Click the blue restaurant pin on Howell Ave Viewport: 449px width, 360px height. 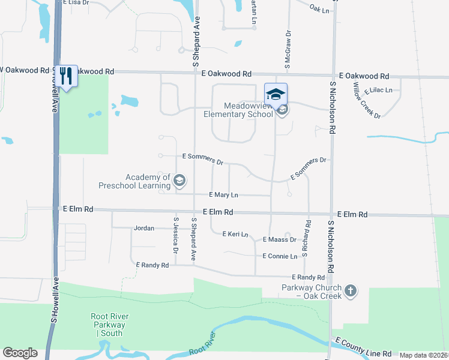tap(67, 76)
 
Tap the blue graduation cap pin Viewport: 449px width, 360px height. tap(276, 94)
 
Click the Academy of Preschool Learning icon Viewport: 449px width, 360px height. tap(179, 180)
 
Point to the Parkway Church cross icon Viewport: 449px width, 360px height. tap(351, 291)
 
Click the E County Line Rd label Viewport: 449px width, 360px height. tap(364, 349)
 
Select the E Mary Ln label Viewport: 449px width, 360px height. tap(223, 195)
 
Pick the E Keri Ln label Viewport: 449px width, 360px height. tap(235, 234)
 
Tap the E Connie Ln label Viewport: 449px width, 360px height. tap(280, 256)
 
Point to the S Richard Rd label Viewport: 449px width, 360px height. tap(306, 239)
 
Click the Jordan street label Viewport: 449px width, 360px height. tap(144, 228)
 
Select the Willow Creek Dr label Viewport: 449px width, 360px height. tap(367, 100)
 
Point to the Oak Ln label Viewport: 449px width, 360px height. tap(320, 10)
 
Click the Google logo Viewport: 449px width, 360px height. tap(20, 352)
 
